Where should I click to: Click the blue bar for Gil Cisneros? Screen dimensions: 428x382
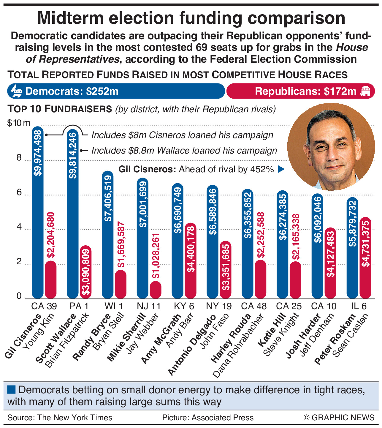click(38, 212)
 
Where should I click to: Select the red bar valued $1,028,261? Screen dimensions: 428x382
click(156, 290)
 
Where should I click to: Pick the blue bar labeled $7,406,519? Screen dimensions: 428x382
click(108, 235)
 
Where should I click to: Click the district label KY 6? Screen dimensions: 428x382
click(184, 306)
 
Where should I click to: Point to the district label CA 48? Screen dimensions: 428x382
click(254, 306)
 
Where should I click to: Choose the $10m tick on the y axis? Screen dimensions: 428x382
click(19, 123)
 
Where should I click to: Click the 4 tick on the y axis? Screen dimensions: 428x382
click(19, 227)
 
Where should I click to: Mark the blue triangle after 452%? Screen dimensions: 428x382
click(281, 169)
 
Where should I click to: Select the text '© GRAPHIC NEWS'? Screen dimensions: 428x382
click(339, 418)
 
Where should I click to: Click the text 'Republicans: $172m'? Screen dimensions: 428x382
click(306, 91)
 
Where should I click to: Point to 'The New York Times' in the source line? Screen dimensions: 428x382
click(75, 418)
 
